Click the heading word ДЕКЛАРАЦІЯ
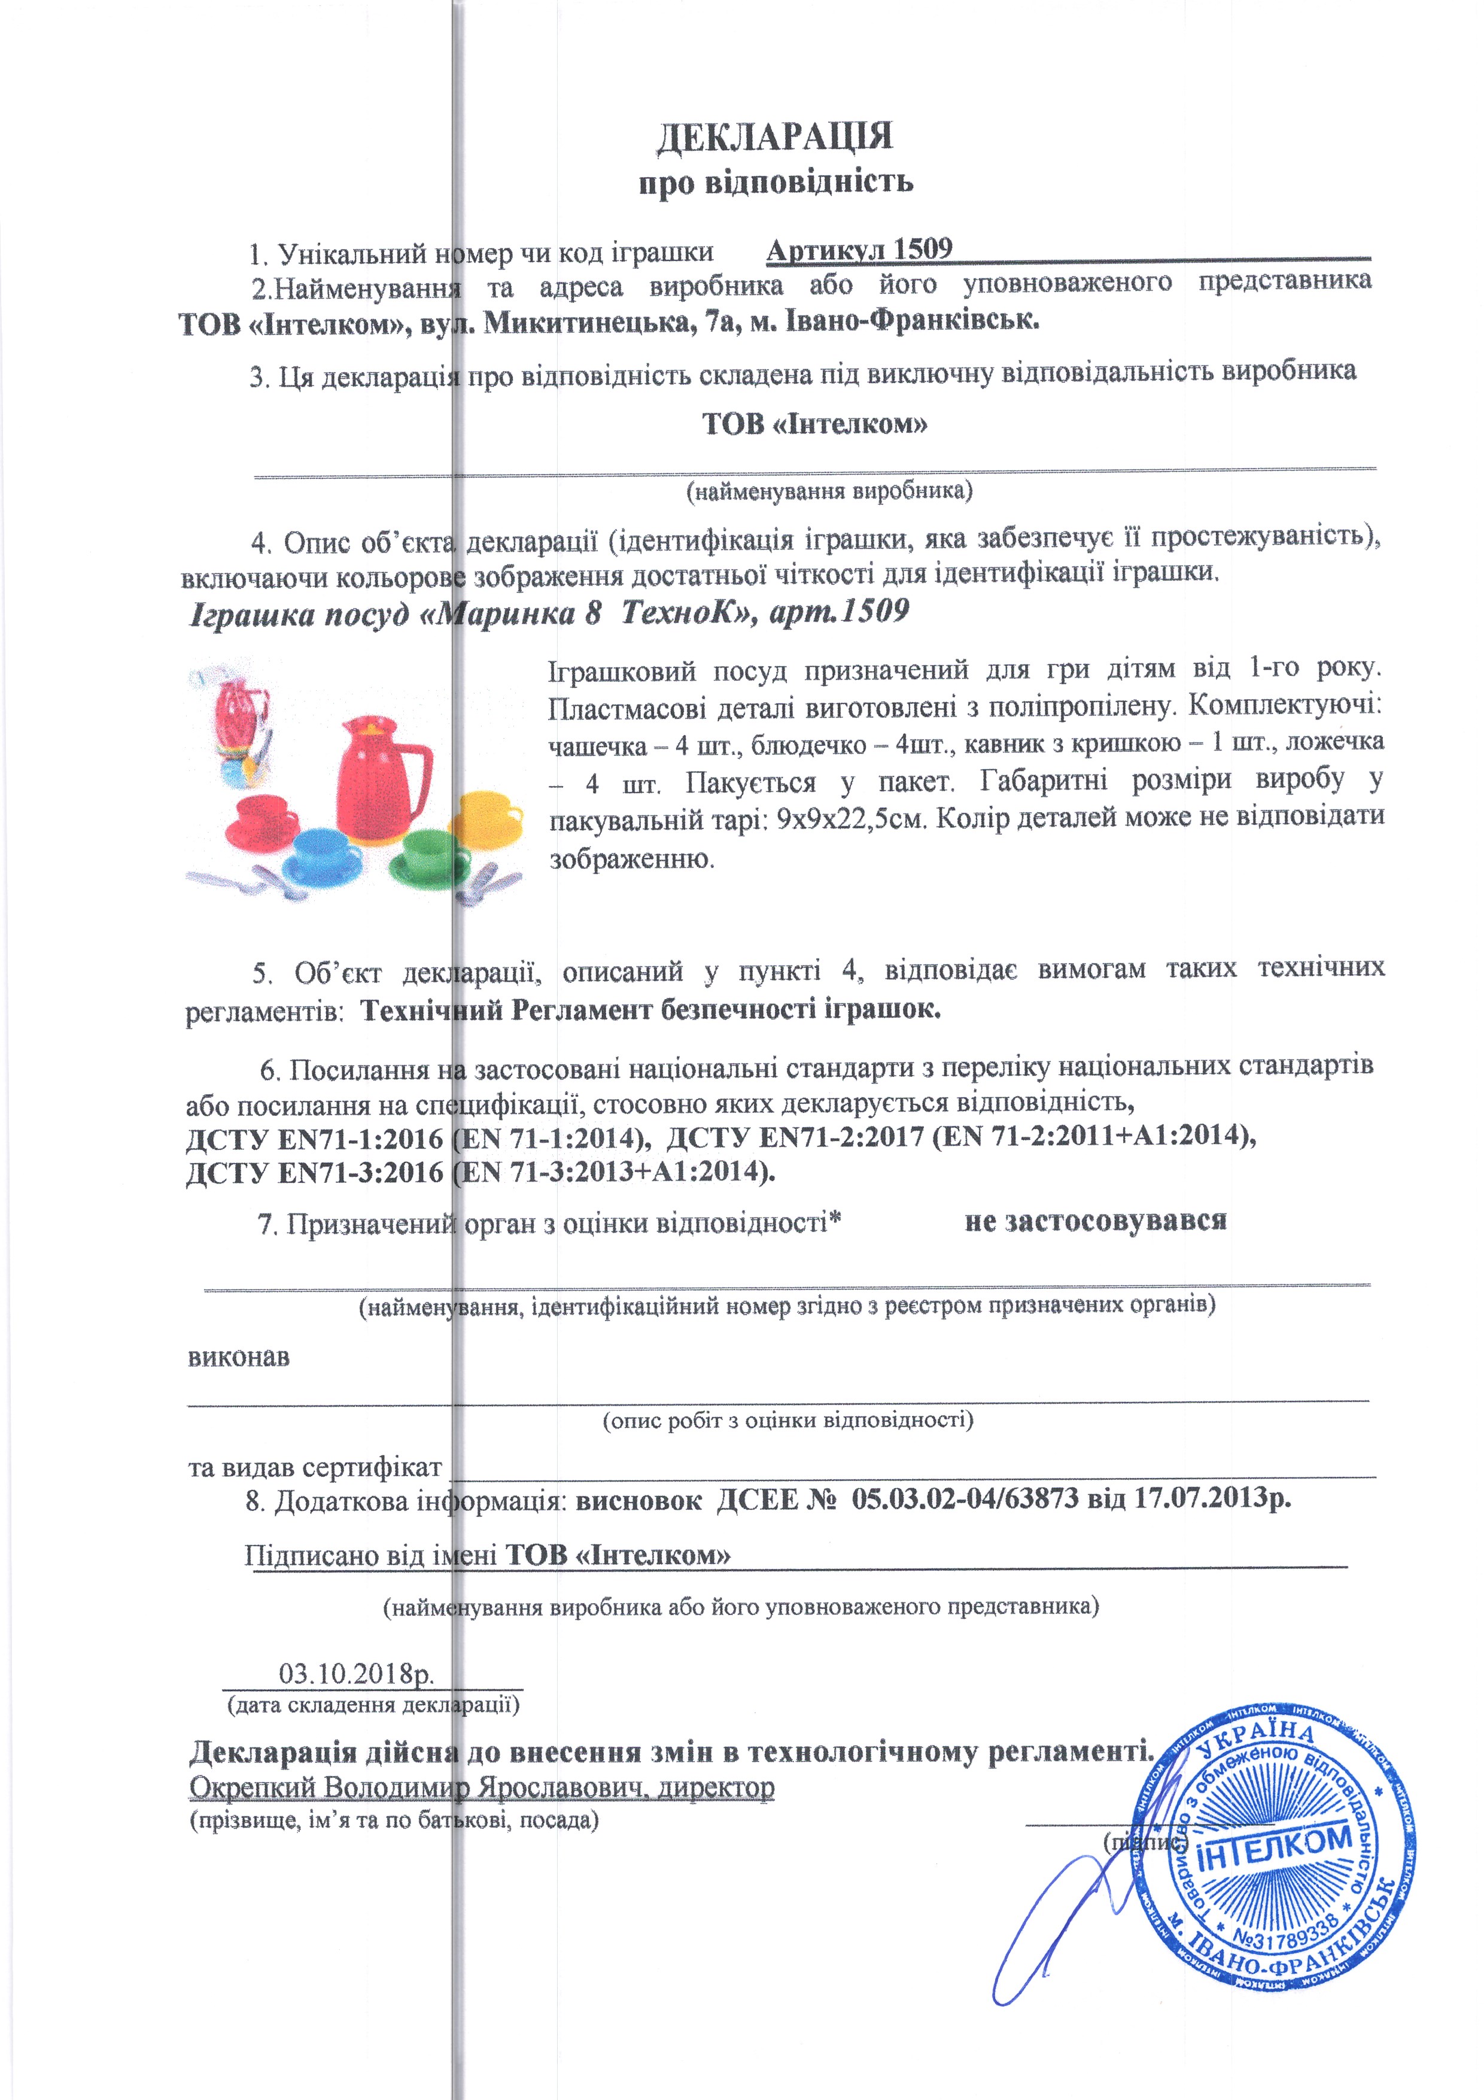pyautogui.click(x=774, y=137)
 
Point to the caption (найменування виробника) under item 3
pyautogui.click(x=829, y=491)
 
